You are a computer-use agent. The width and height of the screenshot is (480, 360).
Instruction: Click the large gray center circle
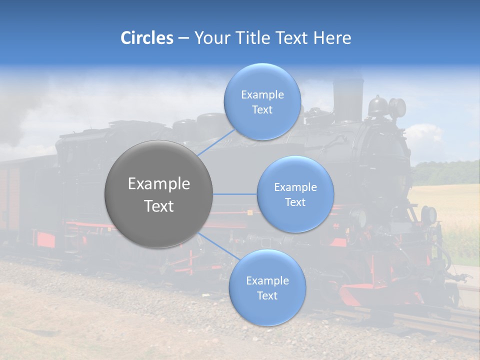tap(158, 194)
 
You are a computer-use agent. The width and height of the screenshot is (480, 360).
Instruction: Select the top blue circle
tap(262, 101)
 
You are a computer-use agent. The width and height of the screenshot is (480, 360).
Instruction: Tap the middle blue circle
tap(295, 194)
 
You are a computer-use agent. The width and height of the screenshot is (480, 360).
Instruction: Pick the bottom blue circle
tap(267, 287)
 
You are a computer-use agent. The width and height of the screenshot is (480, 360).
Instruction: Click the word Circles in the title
tap(147, 38)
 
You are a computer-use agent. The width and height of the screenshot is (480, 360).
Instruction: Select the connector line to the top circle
tap(216, 142)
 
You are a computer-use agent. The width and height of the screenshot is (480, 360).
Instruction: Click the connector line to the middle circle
tap(234, 194)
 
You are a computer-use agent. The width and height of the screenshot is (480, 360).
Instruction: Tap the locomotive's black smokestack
tap(348, 100)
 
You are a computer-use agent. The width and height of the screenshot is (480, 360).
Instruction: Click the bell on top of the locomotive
tap(377, 106)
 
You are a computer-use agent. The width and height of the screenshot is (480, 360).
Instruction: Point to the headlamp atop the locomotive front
tap(398, 107)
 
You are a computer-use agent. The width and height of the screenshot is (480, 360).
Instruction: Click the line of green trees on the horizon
tap(447, 172)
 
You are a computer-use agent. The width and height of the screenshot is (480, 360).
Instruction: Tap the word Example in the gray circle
tap(158, 184)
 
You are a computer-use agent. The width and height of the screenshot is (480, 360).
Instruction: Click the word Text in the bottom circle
tap(267, 295)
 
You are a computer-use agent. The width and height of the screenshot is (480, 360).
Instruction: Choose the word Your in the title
tap(210, 38)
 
